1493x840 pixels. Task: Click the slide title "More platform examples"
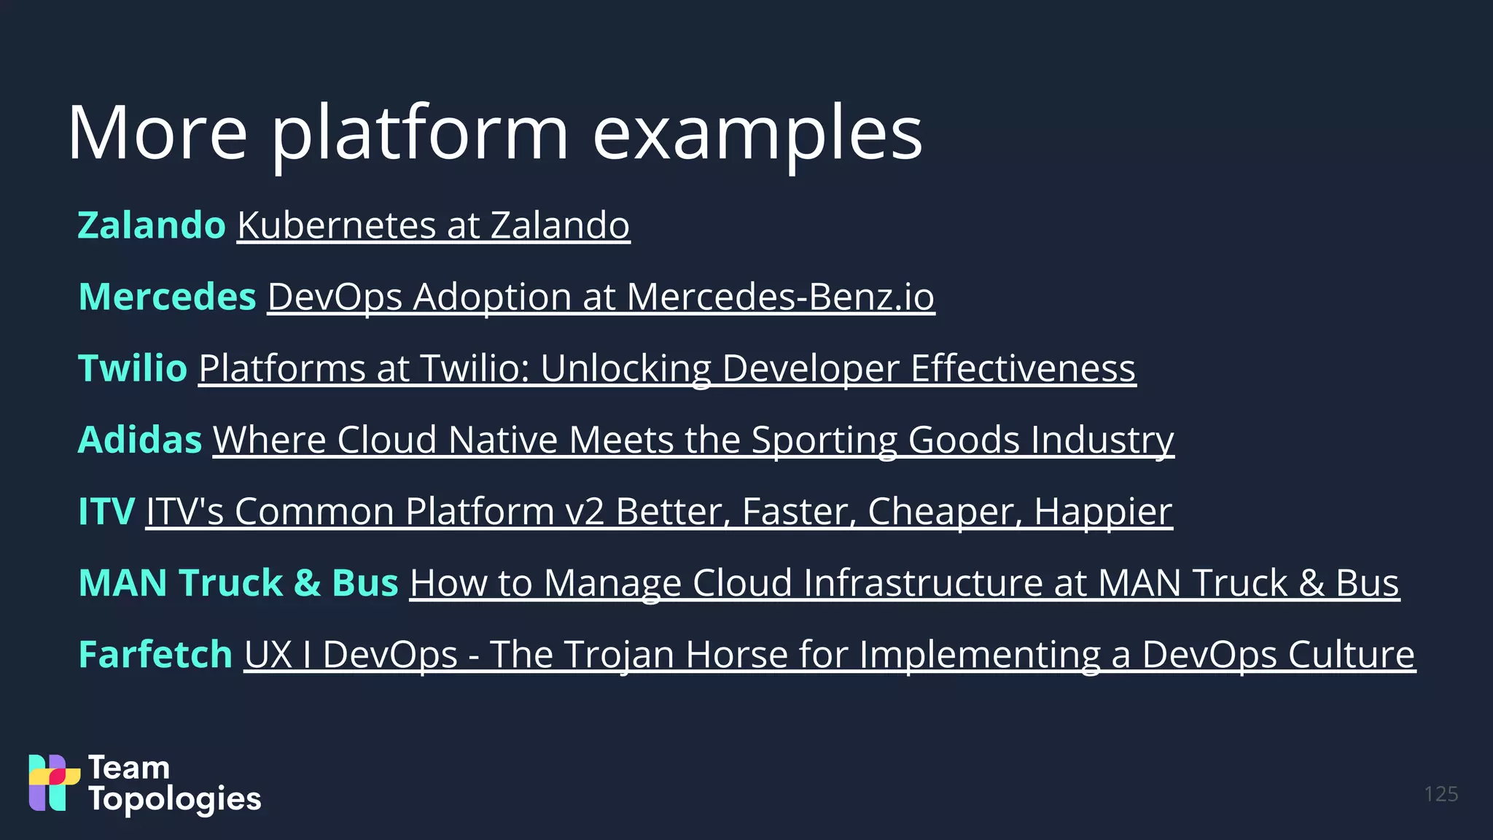[495, 133]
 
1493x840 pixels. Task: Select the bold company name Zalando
[152, 225]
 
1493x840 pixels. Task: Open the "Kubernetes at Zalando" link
[433, 225]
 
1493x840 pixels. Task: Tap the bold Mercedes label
[167, 297]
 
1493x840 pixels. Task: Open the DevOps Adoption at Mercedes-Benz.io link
[601, 297]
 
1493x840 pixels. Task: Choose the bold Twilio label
[133, 368]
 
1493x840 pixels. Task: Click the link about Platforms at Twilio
[666, 368]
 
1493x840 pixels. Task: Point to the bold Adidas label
[140, 440]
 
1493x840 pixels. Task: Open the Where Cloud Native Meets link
[693, 440]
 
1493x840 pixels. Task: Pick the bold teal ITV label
[106, 511]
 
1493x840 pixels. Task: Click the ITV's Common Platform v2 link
[658, 511]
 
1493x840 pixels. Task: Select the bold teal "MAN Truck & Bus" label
[238, 583]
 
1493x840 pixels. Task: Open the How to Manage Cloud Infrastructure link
[904, 583]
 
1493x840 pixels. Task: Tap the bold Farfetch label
[155, 654]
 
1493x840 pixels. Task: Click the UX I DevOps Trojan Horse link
[829, 654]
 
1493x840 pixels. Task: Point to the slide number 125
[1441, 794]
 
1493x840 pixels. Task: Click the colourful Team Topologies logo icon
[54, 782]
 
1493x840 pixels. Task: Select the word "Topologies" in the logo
[175, 799]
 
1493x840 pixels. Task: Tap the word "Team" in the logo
[129, 768]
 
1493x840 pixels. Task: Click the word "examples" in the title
[757, 133]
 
